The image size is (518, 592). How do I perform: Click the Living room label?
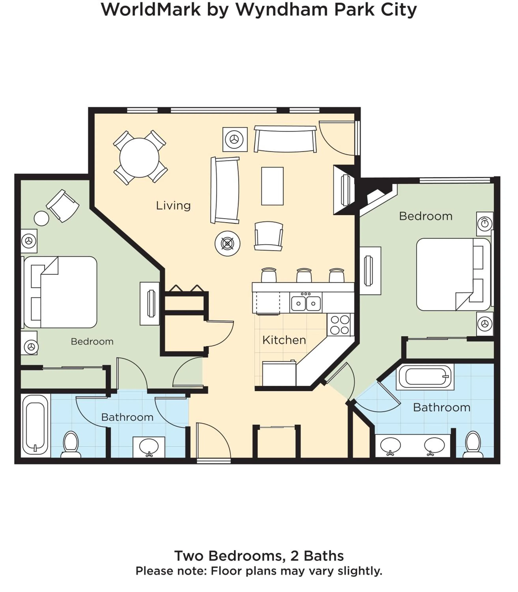(173, 206)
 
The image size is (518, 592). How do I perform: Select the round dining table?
(139, 158)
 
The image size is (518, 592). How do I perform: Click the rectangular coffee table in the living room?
(272, 186)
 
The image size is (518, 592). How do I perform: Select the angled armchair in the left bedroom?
(63, 206)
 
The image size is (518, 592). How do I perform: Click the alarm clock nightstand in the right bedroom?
(484, 224)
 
